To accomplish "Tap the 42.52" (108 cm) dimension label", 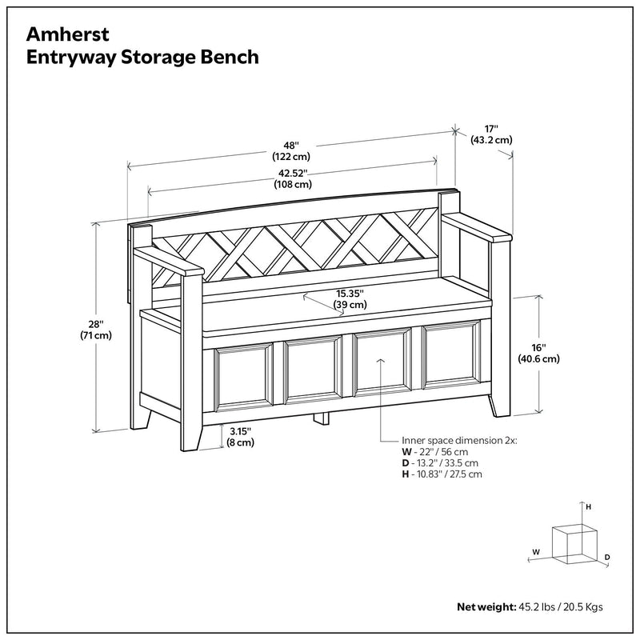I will point(293,178).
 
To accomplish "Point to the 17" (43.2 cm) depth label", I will point(491,134).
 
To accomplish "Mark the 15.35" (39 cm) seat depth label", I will point(350,298).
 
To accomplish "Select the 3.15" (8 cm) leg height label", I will point(240,436).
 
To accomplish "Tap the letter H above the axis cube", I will point(589,506).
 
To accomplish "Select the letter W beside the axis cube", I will point(535,551).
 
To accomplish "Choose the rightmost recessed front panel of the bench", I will point(450,361).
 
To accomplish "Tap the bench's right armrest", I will point(476,228).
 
